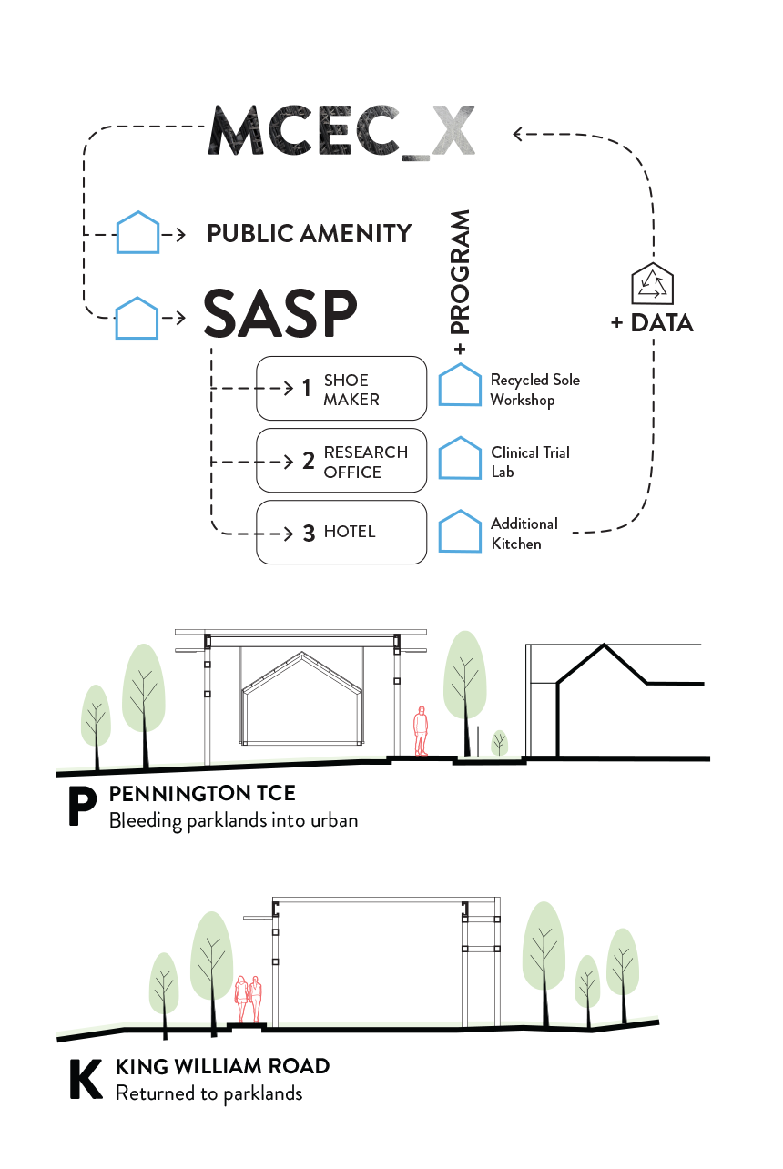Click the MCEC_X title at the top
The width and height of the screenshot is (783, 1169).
[x=342, y=133]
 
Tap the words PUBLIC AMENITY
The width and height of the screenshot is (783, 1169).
[x=309, y=234]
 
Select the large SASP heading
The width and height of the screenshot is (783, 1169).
[x=279, y=314]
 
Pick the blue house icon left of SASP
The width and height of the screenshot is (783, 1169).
[x=137, y=318]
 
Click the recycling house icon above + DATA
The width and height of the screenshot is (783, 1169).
[x=653, y=284]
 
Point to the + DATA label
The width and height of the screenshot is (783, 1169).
[x=651, y=323]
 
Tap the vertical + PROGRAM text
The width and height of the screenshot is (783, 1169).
[x=460, y=283]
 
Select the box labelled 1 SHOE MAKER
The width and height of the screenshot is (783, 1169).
[x=341, y=389]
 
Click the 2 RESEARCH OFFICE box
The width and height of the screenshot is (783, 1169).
[x=341, y=461]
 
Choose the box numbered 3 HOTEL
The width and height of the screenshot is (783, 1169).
[x=341, y=533]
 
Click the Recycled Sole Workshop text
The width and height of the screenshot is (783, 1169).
[x=534, y=390]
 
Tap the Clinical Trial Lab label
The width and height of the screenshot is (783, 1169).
[x=530, y=462]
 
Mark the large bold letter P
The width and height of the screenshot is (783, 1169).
[x=83, y=808]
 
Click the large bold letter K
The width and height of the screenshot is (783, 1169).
[x=86, y=1080]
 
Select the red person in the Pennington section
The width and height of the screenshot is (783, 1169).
[x=421, y=731]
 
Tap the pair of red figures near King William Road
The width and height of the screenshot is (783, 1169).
[x=249, y=999]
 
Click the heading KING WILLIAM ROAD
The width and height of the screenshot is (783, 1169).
[x=222, y=1066]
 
